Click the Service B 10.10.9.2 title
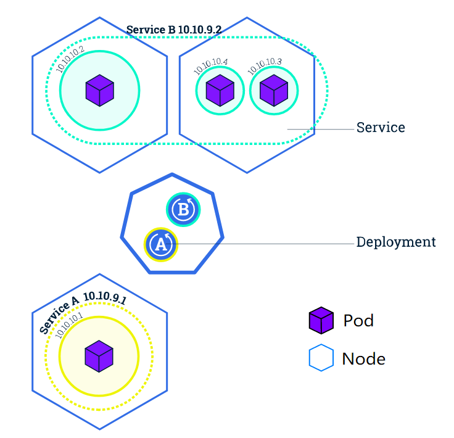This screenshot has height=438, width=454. tap(174, 30)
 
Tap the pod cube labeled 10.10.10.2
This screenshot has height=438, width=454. tap(100, 90)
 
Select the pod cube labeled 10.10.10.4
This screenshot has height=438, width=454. tap(220, 90)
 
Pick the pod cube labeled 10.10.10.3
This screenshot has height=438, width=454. tap(274, 90)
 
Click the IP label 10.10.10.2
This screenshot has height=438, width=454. tap(70, 59)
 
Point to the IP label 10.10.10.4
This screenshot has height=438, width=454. tap(210, 66)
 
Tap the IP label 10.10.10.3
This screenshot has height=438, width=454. tap(265, 66)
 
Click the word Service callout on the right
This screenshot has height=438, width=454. tap(381, 127)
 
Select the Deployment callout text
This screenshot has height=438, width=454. tap(396, 242)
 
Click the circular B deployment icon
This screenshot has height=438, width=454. tap(183, 209)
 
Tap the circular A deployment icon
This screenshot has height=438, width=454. tap(161, 245)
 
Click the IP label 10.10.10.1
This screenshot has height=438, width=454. tap(69, 325)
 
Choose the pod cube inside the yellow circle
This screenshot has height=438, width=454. tap(99, 356)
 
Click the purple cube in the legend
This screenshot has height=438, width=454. tap(321, 320)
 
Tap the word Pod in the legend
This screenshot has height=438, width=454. tap(358, 321)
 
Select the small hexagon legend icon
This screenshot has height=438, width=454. tap(321, 358)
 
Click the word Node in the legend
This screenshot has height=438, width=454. tap(364, 359)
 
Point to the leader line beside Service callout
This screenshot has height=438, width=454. tap(321, 129)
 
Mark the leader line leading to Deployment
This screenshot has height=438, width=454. tap(260, 244)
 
